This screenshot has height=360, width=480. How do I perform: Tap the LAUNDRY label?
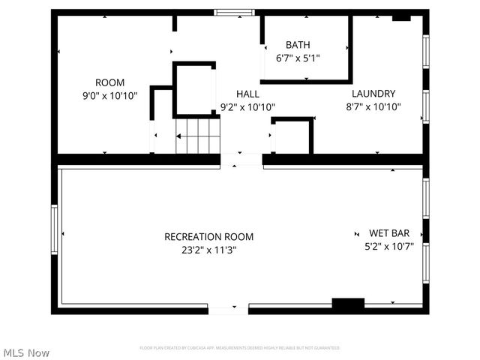click(x=373, y=94)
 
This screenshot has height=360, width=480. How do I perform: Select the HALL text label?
click(x=247, y=94)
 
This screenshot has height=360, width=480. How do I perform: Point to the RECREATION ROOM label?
click(x=208, y=237)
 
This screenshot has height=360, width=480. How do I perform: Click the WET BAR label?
click(x=388, y=232)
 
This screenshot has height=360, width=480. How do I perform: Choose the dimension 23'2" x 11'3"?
click(x=208, y=250)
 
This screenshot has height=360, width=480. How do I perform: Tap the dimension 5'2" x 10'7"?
click(x=388, y=244)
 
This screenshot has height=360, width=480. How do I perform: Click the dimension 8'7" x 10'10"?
click(x=373, y=106)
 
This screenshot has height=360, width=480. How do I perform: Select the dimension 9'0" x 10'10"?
click(x=109, y=95)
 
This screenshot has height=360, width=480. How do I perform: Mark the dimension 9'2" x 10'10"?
click(x=247, y=106)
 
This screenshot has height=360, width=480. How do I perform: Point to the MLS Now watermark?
click(x=27, y=352)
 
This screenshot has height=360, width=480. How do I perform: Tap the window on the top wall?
click(x=234, y=12)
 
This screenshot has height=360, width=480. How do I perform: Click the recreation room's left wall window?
click(x=54, y=229)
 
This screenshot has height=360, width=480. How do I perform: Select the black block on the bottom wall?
click(x=348, y=304)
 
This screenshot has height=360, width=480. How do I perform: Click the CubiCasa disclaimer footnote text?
click(x=240, y=348)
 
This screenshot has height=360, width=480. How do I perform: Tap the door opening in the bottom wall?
click(x=228, y=309)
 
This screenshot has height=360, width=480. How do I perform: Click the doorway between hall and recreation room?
click(x=241, y=159)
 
